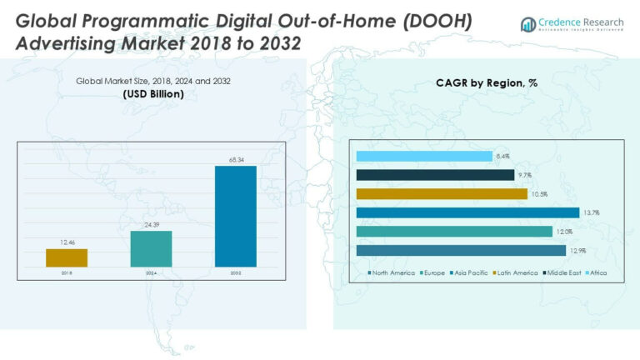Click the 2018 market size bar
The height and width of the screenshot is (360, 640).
pos(67,257)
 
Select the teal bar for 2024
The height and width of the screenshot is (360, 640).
pos(151,248)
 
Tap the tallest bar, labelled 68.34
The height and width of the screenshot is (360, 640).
pos(235,216)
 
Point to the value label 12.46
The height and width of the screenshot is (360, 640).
pos(67,242)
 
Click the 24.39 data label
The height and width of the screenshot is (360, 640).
pos(151,224)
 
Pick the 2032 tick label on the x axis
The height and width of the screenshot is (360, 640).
pos(235,273)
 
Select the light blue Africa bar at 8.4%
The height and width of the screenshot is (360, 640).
pos(423,156)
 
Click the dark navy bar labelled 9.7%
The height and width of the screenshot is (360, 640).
pos(434,175)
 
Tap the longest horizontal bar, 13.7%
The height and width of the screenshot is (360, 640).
pos(467,212)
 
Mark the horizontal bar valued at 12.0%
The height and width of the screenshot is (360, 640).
pos(453,232)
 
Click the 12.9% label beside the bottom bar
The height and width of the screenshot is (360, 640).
pos(577,251)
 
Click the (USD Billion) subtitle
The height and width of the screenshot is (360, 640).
pos(153,94)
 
